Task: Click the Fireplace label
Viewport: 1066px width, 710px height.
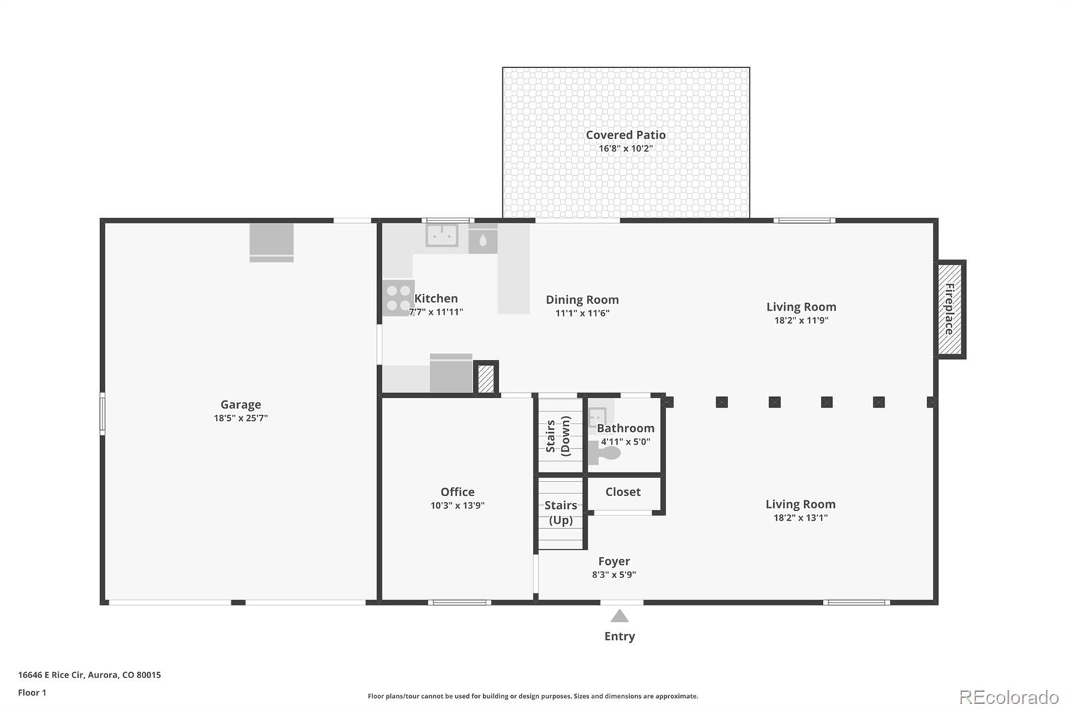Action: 949,309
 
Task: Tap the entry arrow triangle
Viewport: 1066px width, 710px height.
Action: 620,616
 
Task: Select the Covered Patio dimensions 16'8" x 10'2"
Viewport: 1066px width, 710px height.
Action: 625,149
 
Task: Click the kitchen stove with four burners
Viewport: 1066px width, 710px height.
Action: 398,298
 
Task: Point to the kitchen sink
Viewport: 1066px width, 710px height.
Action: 442,235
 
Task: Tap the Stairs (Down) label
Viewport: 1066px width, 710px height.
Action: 558,436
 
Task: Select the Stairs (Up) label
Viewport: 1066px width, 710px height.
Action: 560,512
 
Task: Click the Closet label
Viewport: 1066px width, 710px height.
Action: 623,492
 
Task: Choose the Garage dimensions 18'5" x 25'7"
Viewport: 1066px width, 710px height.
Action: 241,418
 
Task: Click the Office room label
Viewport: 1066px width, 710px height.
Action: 457,492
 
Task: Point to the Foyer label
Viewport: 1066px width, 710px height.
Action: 614,561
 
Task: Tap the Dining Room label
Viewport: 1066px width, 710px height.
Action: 582,300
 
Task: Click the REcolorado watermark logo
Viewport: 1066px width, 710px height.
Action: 1009,697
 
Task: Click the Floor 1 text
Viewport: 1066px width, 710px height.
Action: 32,693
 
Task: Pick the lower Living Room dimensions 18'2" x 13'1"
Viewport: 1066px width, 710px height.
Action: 800,518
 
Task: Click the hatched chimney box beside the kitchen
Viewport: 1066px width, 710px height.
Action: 486,378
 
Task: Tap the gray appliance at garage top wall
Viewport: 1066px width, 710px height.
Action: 271,242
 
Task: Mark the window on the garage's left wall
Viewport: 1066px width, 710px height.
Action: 102,414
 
